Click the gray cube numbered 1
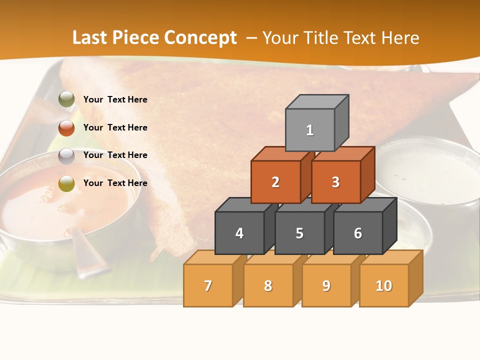tap(310, 130)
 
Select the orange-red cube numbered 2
tap(275, 182)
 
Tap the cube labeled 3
tap(335, 182)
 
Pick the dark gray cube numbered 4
tap(239, 233)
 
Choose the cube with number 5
tap(299, 233)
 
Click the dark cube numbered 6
tap(358, 233)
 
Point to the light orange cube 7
tap(208, 285)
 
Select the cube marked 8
tap(268, 285)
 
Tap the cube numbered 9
tap(326, 285)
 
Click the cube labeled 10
tap(383, 285)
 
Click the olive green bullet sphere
tap(66, 99)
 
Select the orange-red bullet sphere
tap(66, 127)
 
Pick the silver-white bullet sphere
tap(66, 155)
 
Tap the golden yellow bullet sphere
tap(66, 183)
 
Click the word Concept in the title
tap(200, 38)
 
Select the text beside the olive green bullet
tap(115, 99)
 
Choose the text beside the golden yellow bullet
tap(115, 183)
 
